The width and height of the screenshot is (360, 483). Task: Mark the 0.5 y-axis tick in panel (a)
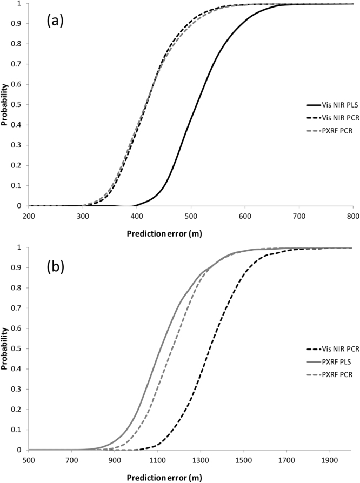pos(19,104)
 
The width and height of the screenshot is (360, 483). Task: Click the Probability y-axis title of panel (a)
pos(5,104)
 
